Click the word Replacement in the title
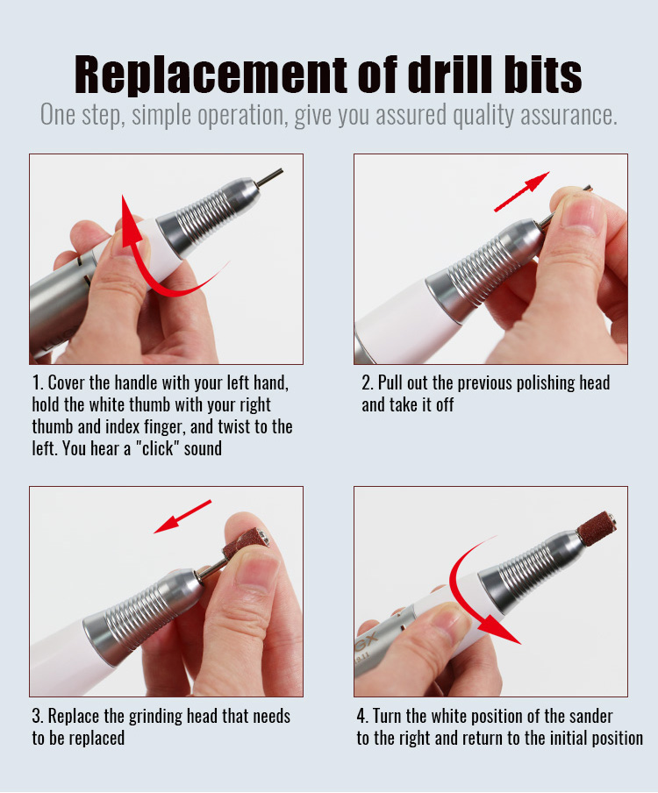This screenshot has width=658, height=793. [211, 75]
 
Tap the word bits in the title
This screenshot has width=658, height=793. [543, 75]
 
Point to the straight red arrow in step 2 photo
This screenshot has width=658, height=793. [521, 191]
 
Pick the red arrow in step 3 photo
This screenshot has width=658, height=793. [182, 517]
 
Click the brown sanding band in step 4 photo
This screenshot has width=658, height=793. [597, 528]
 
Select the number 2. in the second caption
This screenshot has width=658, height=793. [368, 382]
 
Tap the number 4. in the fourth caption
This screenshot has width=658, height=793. [362, 716]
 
